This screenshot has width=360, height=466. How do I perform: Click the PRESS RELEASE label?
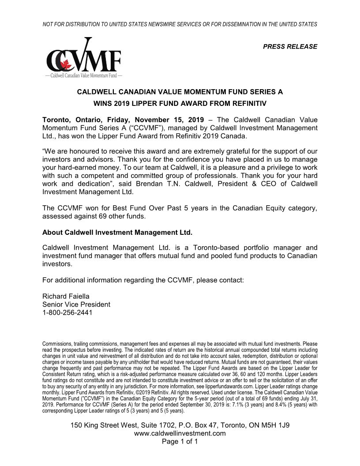[x=290, y=46]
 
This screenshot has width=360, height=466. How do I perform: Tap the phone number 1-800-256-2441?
[x=67, y=313]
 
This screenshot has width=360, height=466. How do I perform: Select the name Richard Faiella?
[x=66, y=296]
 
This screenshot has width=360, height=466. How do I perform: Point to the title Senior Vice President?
[x=76, y=304]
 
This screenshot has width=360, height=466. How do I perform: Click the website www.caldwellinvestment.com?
[x=180, y=433]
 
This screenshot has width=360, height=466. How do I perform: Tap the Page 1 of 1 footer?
[x=180, y=442]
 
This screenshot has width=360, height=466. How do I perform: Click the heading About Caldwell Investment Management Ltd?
[x=117, y=232]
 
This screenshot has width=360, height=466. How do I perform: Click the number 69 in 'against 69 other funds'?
[x=114, y=217]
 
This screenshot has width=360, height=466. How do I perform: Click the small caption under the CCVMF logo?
[x=83, y=76]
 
